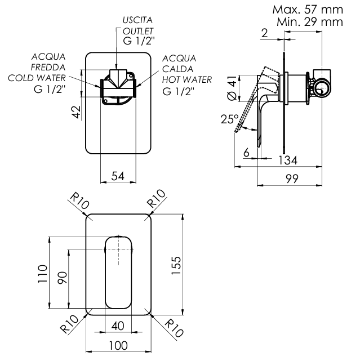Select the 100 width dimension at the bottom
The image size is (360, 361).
pyautogui.click(x=118, y=345)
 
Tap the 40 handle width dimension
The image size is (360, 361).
pyautogui.click(x=118, y=326)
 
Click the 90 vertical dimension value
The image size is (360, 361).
pyautogui.click(x=62, y=277)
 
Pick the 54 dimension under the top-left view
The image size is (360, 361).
pyautogui.click(x=117, y=176)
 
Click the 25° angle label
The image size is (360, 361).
pyautogui.click(x=229, y=119)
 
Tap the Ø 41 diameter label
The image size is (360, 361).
pyautogui.click(x=229, y=88)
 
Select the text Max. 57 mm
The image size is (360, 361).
pyautogui.click(x=307, y=10)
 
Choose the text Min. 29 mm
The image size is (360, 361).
pyautogui.click(x=310, y=22)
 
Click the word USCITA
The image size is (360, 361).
pyautogui.click(x=137, y=20)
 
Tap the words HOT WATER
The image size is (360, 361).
pyautogui.click(x=186, y=79)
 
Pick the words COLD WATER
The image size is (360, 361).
pyautogui.click(x=37, y=78)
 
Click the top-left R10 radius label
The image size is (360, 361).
pyautogui.click(x=78, y=200)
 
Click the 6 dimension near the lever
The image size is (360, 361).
pyautogui.click(x=246, y=153)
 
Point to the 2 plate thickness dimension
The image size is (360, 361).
pyautogui.click(x=265, y=33)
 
